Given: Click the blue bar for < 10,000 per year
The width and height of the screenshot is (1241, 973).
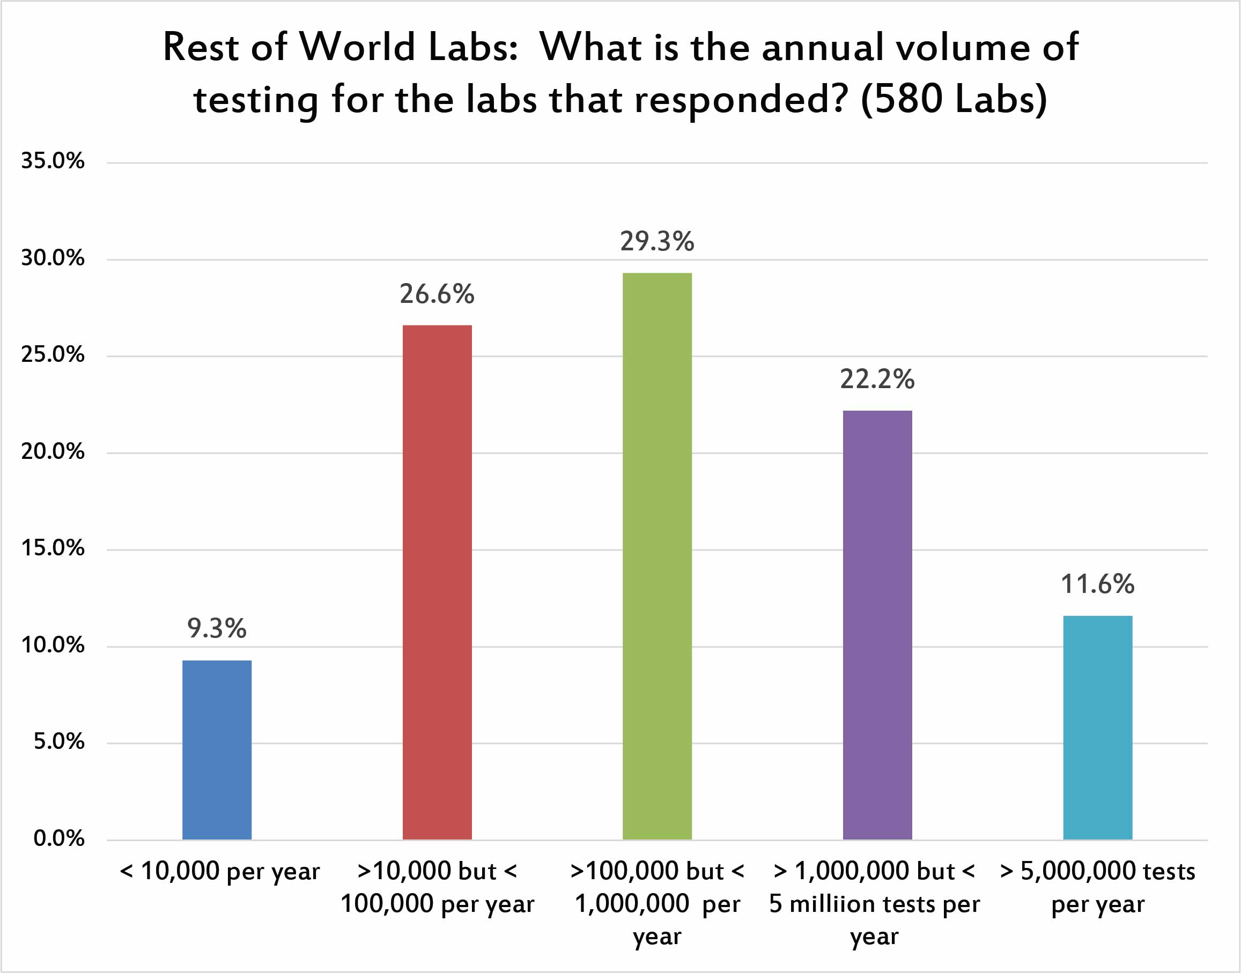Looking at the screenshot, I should (x=217, y=749).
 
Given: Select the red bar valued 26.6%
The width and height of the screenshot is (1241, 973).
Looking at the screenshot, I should (x=437, y=582).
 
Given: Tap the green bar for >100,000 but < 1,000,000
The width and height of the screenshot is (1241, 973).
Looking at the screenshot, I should (x=657, y=556).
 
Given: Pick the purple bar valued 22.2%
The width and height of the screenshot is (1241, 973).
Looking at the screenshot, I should (x=877, y=625).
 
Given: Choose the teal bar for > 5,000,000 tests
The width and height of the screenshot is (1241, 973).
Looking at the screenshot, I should (x=1097, y=727).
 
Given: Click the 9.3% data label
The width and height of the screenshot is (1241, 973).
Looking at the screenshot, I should (x=217, y=628).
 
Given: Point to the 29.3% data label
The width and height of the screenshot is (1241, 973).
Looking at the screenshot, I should (x=657, y=242).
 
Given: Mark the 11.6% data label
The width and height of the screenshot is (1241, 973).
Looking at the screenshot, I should (x=1097, y=584).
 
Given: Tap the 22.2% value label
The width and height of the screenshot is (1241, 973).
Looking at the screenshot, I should (x=877, y=380).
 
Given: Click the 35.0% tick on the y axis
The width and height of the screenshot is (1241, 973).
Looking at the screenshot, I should (x=53, y=161).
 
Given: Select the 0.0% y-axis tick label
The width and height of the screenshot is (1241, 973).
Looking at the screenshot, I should (x=58, y=838).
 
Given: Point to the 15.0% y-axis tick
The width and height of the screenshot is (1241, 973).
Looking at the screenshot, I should (x=53, y=548).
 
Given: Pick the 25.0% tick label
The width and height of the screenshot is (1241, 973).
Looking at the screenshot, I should (x=53, y=355).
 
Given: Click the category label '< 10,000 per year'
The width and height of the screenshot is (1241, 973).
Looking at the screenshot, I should (x=220, y=872).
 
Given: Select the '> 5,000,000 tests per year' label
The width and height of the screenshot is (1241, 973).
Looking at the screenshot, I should (x=1097, y=888).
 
